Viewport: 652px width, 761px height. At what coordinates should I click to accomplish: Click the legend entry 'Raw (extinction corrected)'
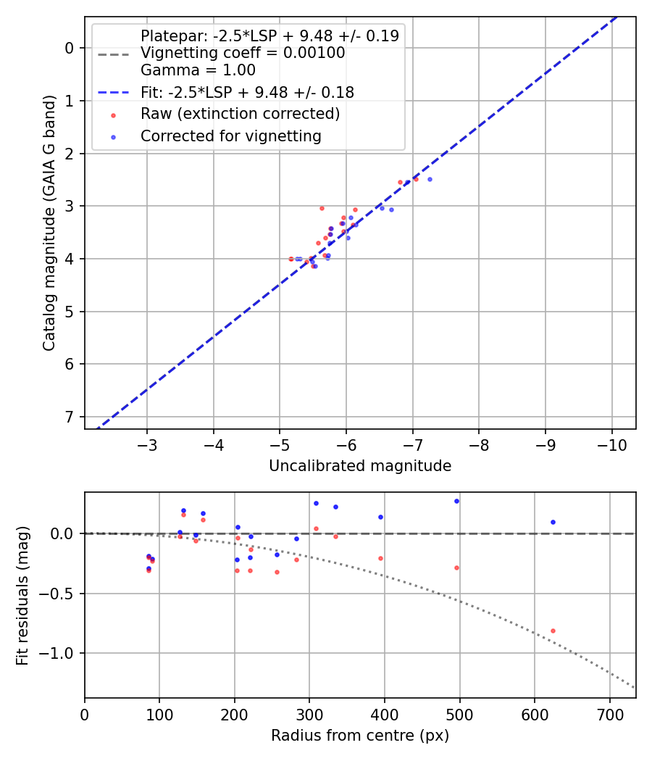240,114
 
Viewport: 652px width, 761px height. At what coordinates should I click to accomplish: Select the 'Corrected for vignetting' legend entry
231,136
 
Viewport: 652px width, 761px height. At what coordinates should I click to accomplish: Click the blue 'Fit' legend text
247,92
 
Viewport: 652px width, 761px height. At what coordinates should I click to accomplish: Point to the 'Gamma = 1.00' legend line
198,70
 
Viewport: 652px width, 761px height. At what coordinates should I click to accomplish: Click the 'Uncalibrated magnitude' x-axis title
360,466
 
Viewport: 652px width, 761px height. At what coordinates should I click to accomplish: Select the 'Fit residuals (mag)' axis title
22,595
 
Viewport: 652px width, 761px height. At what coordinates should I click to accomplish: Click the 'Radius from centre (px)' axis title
360,736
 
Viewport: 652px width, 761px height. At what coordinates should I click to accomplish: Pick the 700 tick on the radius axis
609,714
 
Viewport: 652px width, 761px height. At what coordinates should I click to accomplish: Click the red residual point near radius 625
553,631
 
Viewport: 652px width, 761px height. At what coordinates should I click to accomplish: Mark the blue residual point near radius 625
553,522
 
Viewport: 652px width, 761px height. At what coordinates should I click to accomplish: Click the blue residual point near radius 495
456,501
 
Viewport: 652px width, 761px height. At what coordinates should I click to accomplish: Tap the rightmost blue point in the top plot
430,179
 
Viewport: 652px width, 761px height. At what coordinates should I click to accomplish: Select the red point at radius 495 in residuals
456,567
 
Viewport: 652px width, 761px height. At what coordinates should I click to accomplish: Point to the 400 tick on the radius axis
384,714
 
